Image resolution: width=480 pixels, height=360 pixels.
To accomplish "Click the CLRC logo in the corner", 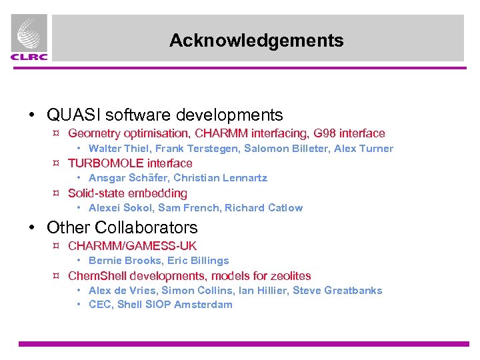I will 29,39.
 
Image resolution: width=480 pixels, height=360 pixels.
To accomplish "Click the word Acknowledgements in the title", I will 257,41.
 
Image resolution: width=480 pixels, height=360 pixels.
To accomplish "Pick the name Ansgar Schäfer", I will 128,178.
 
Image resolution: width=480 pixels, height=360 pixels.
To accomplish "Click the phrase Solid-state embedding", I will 128,193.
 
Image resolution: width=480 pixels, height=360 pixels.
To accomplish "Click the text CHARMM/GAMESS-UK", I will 133,246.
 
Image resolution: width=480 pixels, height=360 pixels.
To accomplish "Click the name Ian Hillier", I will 268,291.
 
